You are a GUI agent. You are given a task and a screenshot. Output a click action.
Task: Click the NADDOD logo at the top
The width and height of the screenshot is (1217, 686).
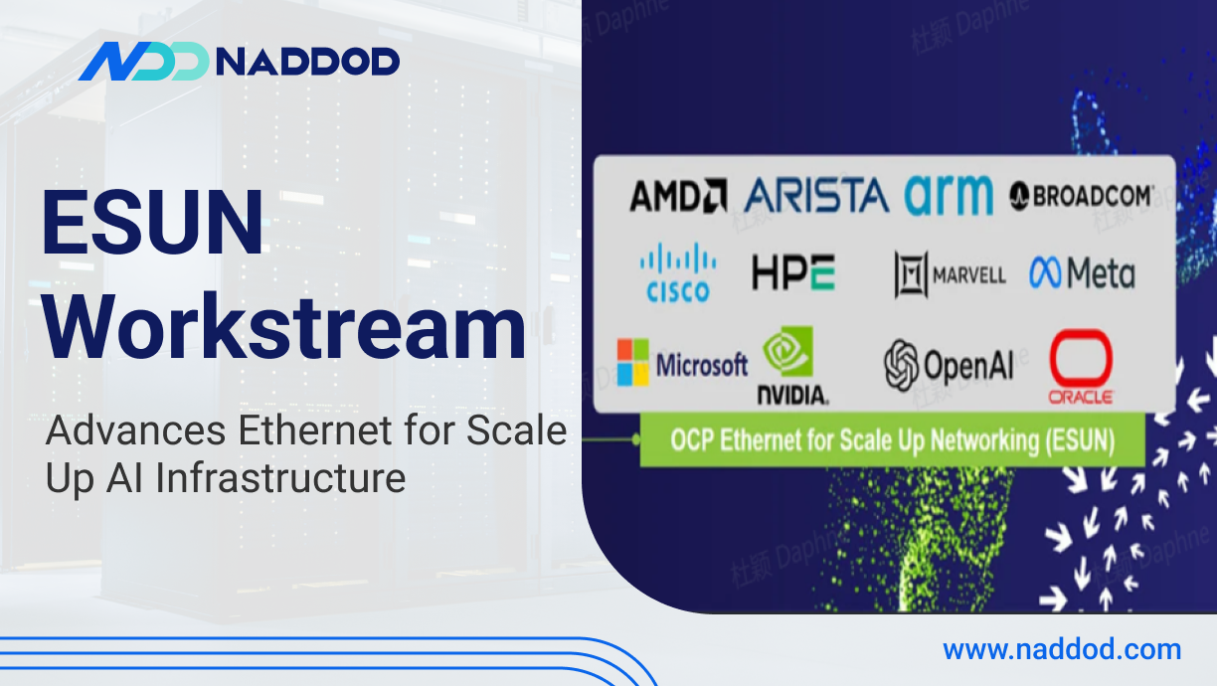pyautogui.click(x=239, y=61)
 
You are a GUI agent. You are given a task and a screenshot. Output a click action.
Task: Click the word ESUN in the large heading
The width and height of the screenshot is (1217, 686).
pyautogui.click(x=153, y=222)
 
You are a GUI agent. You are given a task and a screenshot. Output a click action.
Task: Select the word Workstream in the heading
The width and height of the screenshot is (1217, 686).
pyautogui.click(x=284, y=327)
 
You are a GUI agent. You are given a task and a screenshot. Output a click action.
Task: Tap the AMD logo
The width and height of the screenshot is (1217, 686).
pyautogui.click(x=678, y=195)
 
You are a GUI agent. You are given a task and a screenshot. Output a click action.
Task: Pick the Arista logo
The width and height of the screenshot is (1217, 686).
pyautogui.click(x=816, y=195)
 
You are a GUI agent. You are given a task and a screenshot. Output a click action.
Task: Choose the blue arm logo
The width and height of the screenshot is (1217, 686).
pyautogui.click(x=949, y=195)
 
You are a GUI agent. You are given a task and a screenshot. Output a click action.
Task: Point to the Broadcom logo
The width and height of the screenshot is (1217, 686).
pyautogui.click(x=1081, y=196)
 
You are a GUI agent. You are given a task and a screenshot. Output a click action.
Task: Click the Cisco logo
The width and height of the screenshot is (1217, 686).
pyautogui.click(x=678, y=272)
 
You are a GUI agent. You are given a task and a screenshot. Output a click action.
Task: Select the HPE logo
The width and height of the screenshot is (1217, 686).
pyautogui.click(x=793, y=272)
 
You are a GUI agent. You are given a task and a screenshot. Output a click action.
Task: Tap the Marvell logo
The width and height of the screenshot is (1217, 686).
pyautogui.click(x=951, y=274)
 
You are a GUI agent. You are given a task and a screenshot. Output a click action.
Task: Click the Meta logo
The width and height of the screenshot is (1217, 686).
pyautogui.click(x=1082, y=272)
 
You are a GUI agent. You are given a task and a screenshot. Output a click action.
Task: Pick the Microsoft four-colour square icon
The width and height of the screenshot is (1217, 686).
pyautogui.click(x=633, y=362)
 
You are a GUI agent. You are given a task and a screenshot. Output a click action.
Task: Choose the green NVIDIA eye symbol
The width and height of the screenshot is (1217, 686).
pyautogui.click(x=787, y=351)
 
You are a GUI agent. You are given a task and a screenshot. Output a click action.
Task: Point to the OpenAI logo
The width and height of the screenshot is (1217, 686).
pyautogui.click(x=949, y=365)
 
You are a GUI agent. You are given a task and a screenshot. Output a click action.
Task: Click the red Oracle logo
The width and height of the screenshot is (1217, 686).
pyautogui.click(x=1081, y=367)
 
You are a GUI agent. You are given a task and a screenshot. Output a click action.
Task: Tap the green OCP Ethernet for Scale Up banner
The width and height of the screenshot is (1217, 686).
pyautogui.click(x=892, y=439)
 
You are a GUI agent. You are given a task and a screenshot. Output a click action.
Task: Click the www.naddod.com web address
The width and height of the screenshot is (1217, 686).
pyautogui.click(x=1062, y=649)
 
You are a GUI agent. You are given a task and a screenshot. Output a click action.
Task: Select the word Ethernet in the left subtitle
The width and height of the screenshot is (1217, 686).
pyautogui.click(x=315, y=430)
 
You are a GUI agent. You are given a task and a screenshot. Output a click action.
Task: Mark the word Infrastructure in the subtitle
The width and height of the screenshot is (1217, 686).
pyautogui.click(x=280, y=478)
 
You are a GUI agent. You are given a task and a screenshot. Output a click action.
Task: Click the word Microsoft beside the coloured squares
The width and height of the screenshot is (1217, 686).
pyautogui.click(x=702, y=364)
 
